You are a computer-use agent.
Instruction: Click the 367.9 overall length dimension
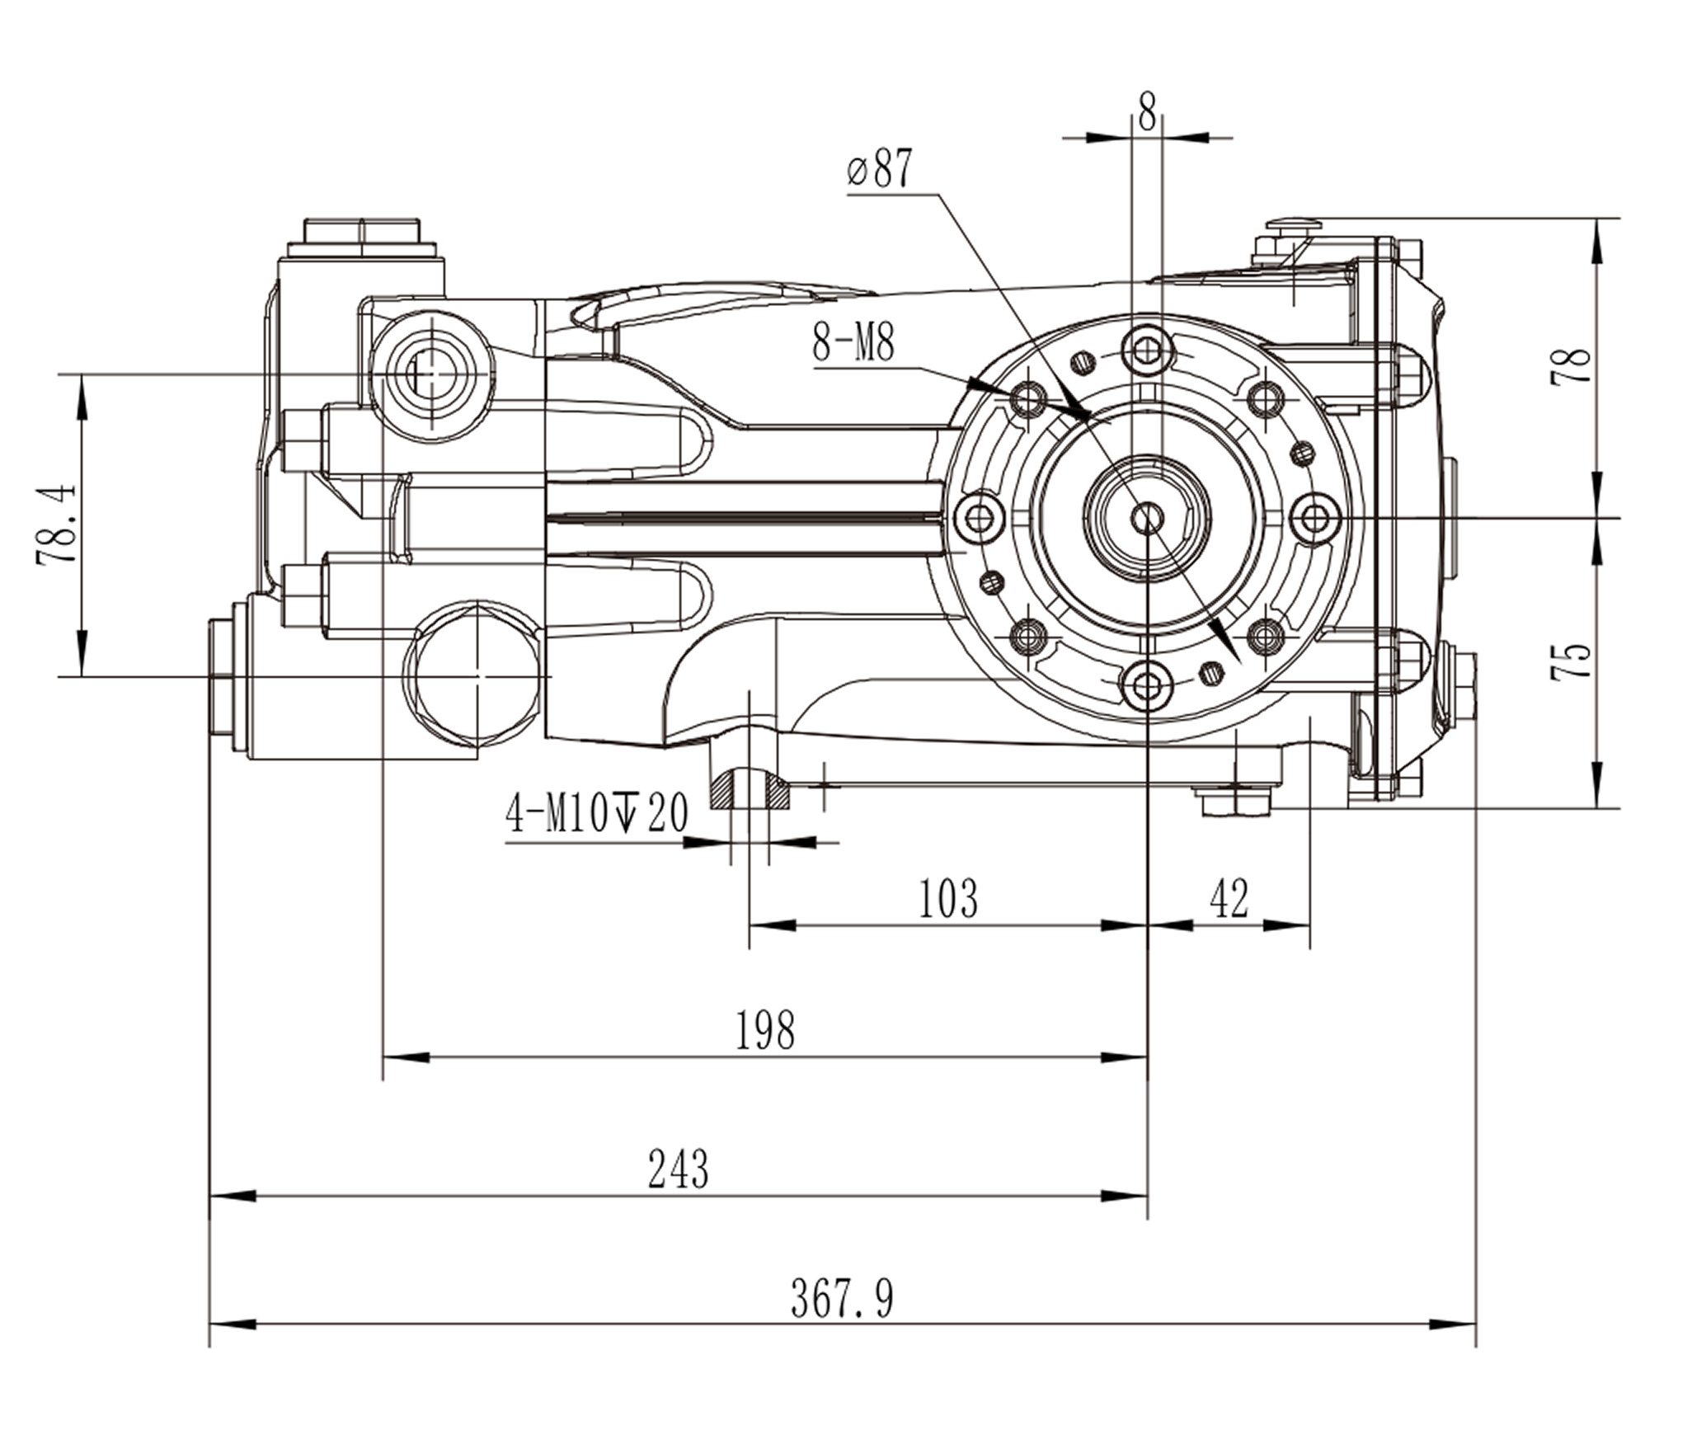[x=841, y=1301]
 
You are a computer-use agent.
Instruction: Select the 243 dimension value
[x=678, y=1169]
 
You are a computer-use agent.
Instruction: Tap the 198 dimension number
[x=764, y=1030]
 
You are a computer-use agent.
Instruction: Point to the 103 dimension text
[x=947, y=898]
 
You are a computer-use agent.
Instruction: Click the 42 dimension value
[x=1229, y=898]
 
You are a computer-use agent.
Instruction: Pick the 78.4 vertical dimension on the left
[x=58, y=524]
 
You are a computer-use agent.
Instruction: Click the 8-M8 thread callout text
[x=853, y=343]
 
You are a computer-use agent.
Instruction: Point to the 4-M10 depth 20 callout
[x=596, y=813]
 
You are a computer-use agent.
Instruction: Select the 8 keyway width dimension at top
[x=1147, y=112]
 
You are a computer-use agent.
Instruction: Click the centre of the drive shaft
[x=1147, y=518]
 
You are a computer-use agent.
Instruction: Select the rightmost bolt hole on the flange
[x=1314, y=518]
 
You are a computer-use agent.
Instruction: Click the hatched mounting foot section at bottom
[x=750, y=790]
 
